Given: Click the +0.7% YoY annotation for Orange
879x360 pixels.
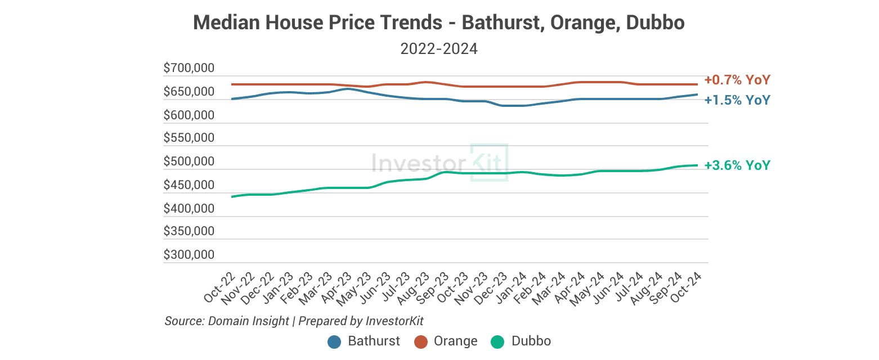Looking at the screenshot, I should (x=737, y=80).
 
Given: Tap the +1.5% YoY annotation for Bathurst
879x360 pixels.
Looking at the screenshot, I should (x=737, y=100).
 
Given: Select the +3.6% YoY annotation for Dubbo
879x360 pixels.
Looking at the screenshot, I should (x=737, y=165).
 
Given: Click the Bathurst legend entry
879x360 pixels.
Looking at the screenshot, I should (x=364, y=341).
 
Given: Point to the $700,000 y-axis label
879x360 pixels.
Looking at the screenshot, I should (x=189, y=69).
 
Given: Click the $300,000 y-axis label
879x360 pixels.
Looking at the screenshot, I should (x=189, y=255).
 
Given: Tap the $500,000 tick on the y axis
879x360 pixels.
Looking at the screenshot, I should (x=189, y=162).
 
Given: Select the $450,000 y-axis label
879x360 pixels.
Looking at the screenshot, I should (x=189, y=185).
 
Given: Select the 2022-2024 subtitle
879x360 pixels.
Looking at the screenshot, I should (x=439, y=49).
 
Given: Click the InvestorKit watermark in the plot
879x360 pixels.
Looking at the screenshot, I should (x=439, y=163).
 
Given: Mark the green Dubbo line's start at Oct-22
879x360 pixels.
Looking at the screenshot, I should (x=232, y=197).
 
